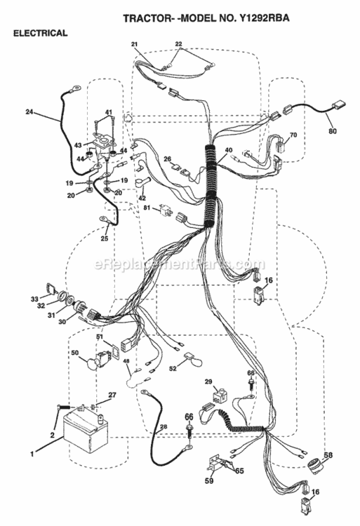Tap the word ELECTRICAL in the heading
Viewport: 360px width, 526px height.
[40, 33]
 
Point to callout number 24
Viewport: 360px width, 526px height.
[29, 112]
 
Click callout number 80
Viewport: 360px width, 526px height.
[332, 131]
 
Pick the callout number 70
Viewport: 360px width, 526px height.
[293, 135]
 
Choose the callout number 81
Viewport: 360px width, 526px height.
[147, 208]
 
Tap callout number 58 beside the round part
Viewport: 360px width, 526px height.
[328, 455]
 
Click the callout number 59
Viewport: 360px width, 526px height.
[208, 480]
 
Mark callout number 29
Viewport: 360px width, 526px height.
[208, 382]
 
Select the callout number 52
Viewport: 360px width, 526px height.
[173, 369]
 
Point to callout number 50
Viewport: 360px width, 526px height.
[75, 353]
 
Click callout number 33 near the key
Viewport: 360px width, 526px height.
[34, 299]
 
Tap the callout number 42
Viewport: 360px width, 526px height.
[142, 198]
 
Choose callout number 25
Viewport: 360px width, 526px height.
[105, 238]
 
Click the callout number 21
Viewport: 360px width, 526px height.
[135, 44]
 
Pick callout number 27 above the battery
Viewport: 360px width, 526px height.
[112, 395]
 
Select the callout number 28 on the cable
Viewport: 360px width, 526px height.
[164, 426]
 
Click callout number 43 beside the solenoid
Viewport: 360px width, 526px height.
[78, 145]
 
